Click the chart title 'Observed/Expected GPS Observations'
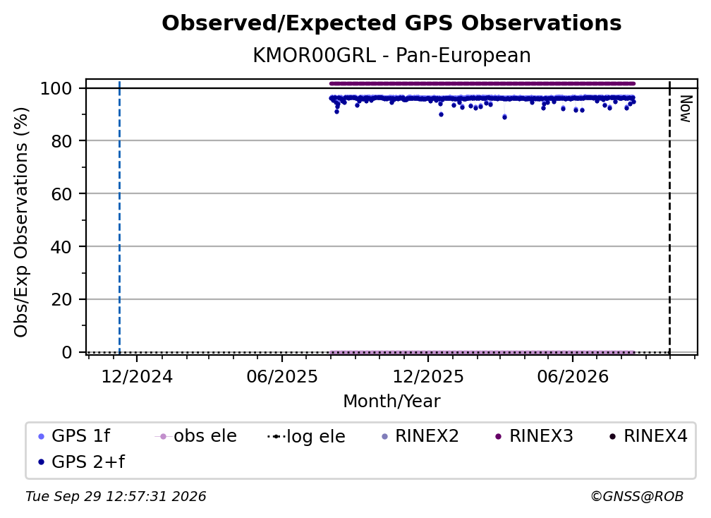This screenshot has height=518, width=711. [391, 23]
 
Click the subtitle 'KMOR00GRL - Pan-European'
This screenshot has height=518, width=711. [391, 56]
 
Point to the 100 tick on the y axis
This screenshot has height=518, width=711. [56, 88]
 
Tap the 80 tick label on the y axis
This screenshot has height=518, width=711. [61, 141]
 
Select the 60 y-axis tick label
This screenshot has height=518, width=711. [61, 194]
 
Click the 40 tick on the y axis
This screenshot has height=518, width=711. [61, 247]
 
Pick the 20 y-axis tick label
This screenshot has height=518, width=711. [61, 300]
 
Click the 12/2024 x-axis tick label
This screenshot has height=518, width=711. [137, 376]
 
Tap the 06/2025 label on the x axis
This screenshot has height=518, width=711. [282, 376]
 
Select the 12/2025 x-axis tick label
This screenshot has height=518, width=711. [428, 376]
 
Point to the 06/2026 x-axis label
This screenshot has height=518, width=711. [573, 376]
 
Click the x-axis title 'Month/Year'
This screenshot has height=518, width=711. [391, 402]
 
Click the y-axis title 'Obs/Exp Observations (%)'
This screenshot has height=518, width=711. [21, 222]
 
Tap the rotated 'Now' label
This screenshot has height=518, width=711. [686, 109]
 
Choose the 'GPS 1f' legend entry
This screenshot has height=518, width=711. [74, 436]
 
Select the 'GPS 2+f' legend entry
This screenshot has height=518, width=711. [81, 462]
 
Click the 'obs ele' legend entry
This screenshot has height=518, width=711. [196, 436]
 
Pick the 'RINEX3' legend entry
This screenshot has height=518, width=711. [534, 436]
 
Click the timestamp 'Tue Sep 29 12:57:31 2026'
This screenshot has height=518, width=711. [116, 497]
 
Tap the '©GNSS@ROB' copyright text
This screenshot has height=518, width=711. [637, 497]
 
